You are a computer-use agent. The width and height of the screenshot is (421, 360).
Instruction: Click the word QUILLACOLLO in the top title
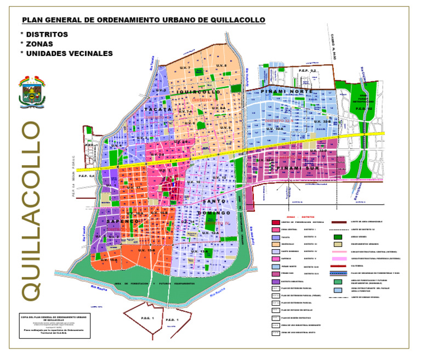pyautogui.click(x=236, y=20)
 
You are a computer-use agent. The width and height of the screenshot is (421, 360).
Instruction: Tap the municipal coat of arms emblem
pyautogui.click(x=31, y=91)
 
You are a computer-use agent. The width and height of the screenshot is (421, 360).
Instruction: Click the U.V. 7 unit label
pyautogui.click(x=185, y=68)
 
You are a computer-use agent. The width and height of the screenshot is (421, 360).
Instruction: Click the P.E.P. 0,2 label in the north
pyautogui.click(x=308, y=71)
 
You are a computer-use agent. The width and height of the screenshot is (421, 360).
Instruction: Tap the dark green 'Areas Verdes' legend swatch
pyautogui.click(x=338, y=237)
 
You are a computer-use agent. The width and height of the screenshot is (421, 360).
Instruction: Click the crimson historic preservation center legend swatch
pyautogui.click(x=276, y=222)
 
